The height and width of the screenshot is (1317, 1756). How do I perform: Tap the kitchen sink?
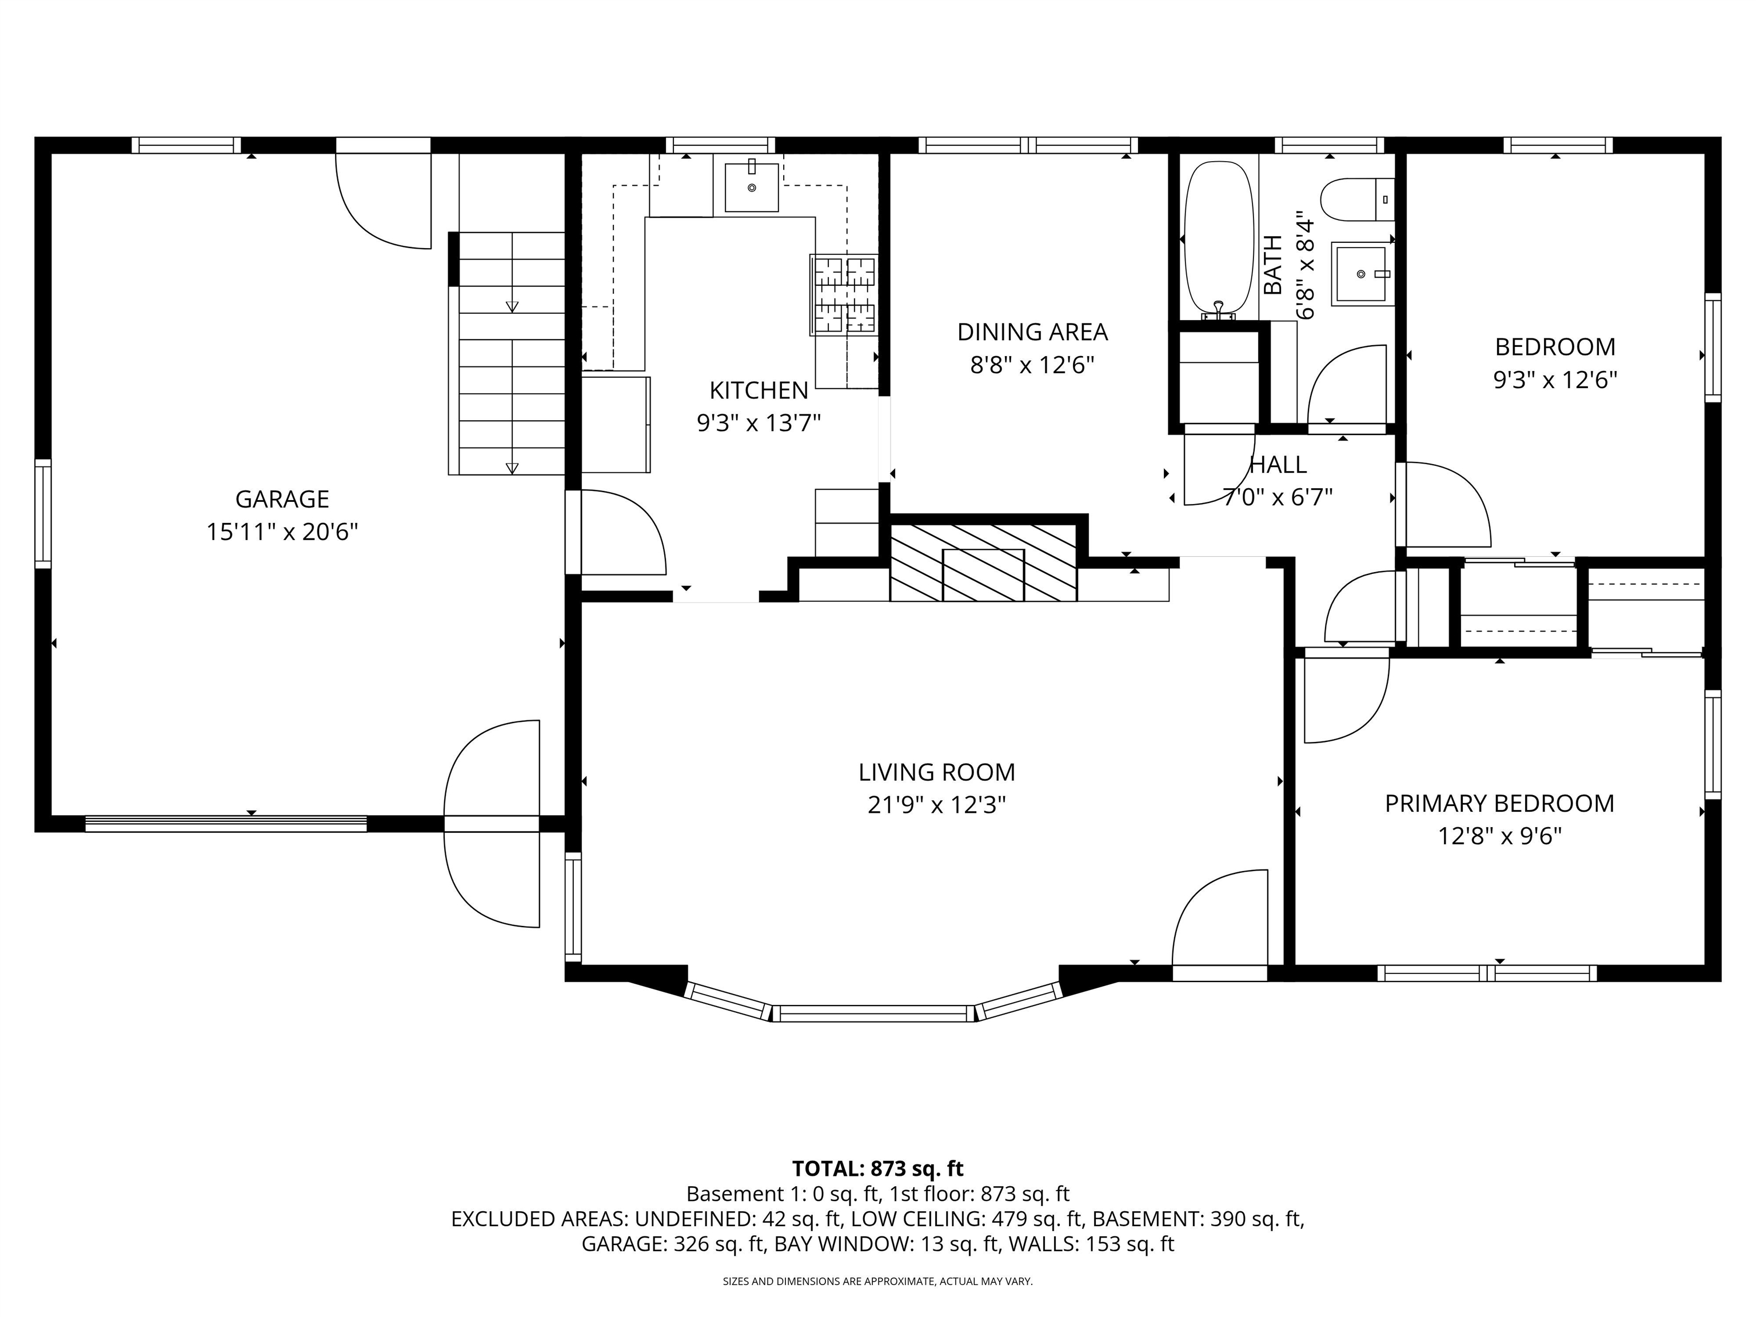(751, 187)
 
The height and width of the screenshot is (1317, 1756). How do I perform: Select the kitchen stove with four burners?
(844, 294)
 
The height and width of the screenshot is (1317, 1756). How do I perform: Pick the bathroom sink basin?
(1362, 274)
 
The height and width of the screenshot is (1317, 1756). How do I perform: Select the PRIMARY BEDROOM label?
(1499, 803)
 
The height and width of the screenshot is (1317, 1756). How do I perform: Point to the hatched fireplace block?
(984, 562)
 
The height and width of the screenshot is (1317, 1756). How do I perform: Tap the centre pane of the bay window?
(873, 1013)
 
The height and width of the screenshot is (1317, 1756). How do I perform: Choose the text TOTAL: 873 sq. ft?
(878, 1168)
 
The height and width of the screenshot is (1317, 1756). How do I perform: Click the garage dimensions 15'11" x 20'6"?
(282, 531)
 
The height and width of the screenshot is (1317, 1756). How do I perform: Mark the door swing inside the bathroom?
(1346, 384)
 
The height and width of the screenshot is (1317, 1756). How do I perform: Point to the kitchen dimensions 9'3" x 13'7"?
(759, 423)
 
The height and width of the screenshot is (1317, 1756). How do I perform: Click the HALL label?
(1278, 464)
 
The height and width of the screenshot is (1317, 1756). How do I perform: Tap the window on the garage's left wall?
(43, 514)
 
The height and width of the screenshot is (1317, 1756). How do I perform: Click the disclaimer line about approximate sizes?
(877, 1282)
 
